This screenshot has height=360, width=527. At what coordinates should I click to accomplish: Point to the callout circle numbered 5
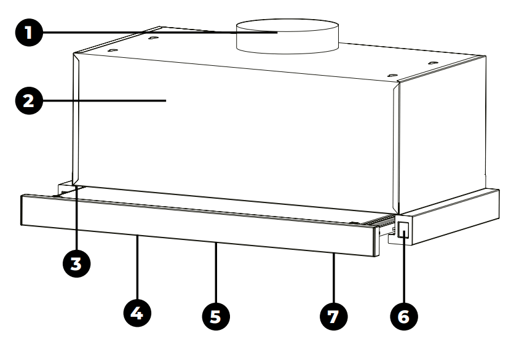coord(216,315)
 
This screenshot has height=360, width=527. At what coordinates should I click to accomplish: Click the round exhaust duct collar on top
coord(288,37)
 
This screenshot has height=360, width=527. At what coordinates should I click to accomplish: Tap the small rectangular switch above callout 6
coord(403,231)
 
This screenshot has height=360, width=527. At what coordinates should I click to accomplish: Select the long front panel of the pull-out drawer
coord(197,222)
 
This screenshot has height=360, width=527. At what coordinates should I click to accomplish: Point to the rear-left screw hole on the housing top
coord(151,38)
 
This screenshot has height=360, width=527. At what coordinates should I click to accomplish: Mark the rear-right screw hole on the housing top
coord(432,62)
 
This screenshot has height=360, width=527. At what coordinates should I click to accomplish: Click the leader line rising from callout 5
coord(216,271)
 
